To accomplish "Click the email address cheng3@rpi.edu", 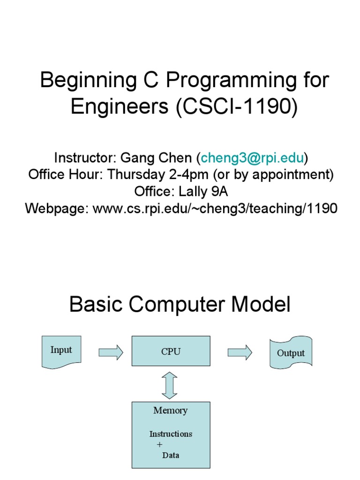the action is point(252,157).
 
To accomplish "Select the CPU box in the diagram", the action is point(171,351).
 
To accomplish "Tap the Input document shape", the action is point(61,352).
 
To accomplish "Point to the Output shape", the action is point(291,352).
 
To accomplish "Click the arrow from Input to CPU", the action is point(111,352).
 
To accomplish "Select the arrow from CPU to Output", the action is point(240,352).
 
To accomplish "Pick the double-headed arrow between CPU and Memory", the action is point(169,385).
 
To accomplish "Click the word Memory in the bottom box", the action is point(171,410).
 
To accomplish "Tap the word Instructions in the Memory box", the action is point(171,434).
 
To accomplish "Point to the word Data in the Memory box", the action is point(171,455).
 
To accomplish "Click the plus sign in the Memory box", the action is point(159,444).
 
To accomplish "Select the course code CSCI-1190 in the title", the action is point(237,106).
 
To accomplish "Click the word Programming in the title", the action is point(231,81).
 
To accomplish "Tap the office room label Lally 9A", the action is point(203,191).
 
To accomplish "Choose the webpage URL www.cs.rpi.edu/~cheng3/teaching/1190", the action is point(215,208).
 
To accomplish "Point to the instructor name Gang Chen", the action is point(156,158).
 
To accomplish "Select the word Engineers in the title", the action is point(120,107).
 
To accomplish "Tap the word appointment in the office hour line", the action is point(290,174).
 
